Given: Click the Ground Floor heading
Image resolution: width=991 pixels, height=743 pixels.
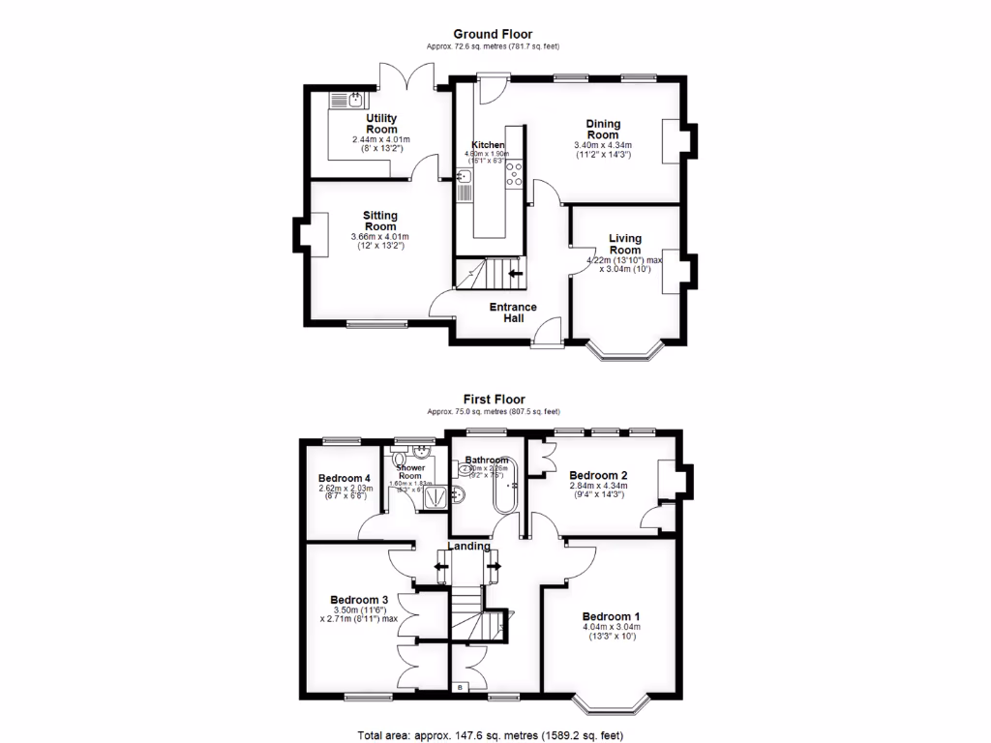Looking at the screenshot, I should (493, 34).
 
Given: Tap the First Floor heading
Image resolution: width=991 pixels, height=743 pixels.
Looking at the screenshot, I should (493, 399).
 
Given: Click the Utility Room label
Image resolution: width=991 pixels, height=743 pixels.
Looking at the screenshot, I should (381, 123).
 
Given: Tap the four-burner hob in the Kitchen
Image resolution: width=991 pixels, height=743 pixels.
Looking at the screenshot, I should (515, 174).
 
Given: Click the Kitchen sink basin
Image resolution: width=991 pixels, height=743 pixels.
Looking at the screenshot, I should (464, 176).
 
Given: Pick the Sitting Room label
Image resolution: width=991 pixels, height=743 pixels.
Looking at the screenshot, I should (380, 222).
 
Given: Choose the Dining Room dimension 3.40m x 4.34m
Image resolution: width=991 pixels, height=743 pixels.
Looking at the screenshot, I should (603, 146).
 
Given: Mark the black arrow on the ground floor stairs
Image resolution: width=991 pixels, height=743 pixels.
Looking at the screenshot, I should (516, 274).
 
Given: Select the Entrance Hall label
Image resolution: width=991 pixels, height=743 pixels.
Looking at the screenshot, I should (513, 312).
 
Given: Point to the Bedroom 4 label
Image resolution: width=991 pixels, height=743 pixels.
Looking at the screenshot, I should (345, 478).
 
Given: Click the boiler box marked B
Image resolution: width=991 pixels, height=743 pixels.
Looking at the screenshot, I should (460, 688).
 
